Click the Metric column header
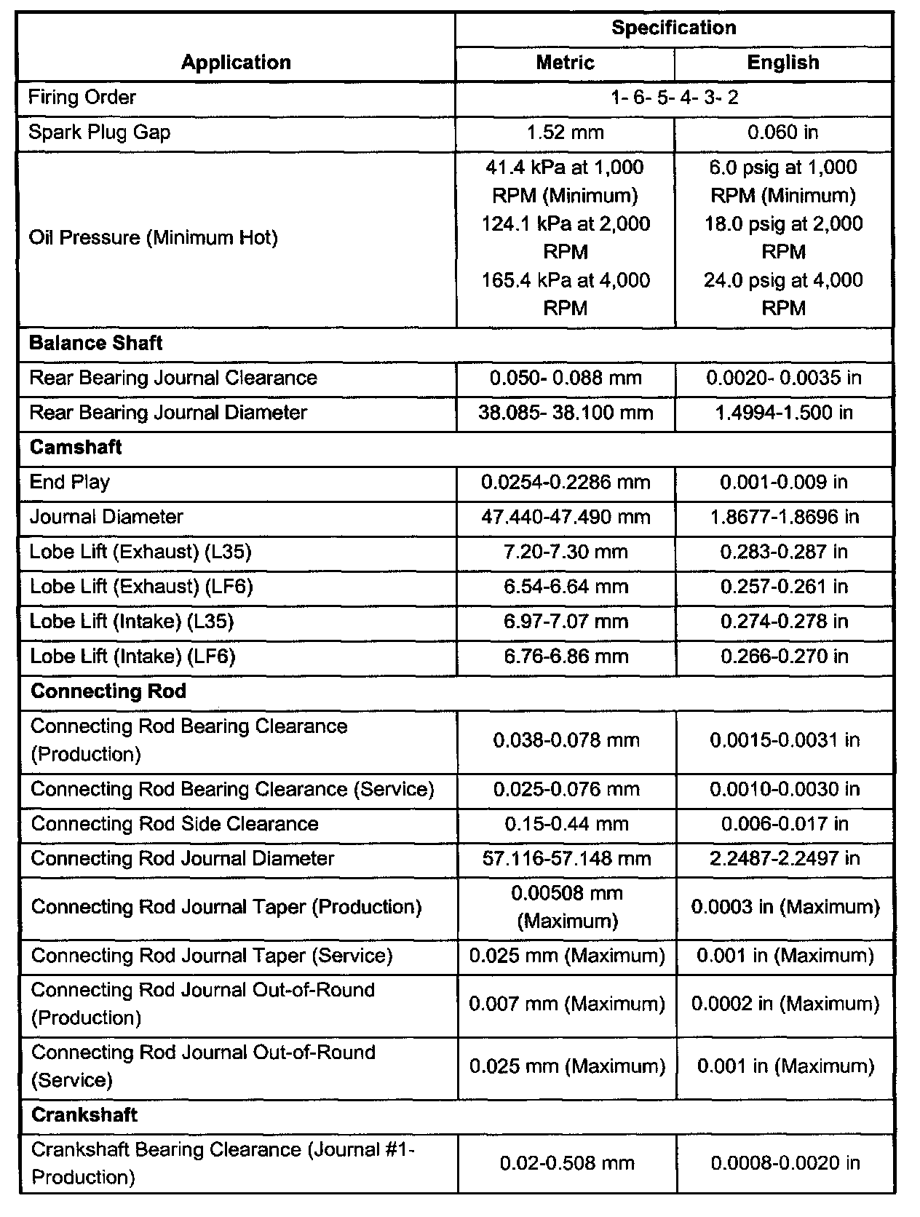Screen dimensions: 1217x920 (565, 63)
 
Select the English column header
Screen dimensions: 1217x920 (783, 63)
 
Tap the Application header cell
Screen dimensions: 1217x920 (236, 63)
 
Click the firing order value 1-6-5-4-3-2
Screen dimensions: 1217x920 (675, 98)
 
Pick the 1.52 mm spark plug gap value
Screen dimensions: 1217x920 (566, 132)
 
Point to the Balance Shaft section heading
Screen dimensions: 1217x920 (95, 344)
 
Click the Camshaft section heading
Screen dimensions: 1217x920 (76, 448)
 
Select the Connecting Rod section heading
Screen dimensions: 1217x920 (108, 691)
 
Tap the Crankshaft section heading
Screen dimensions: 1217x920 (84, 1115)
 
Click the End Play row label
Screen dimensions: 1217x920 (70, 482)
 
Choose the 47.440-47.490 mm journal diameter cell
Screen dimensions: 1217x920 (566, 518)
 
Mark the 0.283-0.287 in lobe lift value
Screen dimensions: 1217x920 (784, 552)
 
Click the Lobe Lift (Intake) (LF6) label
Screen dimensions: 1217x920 (132, 657)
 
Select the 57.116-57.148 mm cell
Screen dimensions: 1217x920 (566, 859)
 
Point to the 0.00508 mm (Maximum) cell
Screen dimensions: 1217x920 (567, 907)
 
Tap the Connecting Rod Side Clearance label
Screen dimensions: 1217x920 (175, 824)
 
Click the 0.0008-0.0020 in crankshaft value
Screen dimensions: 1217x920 (785, 1163)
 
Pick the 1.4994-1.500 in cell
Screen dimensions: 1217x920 (784, 413)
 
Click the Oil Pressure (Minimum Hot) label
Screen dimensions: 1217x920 (154, 238)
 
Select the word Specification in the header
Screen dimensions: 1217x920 (673, 28)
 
